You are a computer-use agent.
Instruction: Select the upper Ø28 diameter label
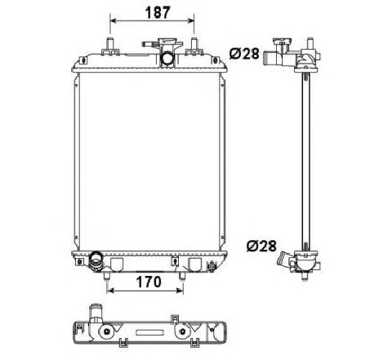coord(245,53)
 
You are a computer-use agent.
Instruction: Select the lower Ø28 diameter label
coord(261,244)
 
